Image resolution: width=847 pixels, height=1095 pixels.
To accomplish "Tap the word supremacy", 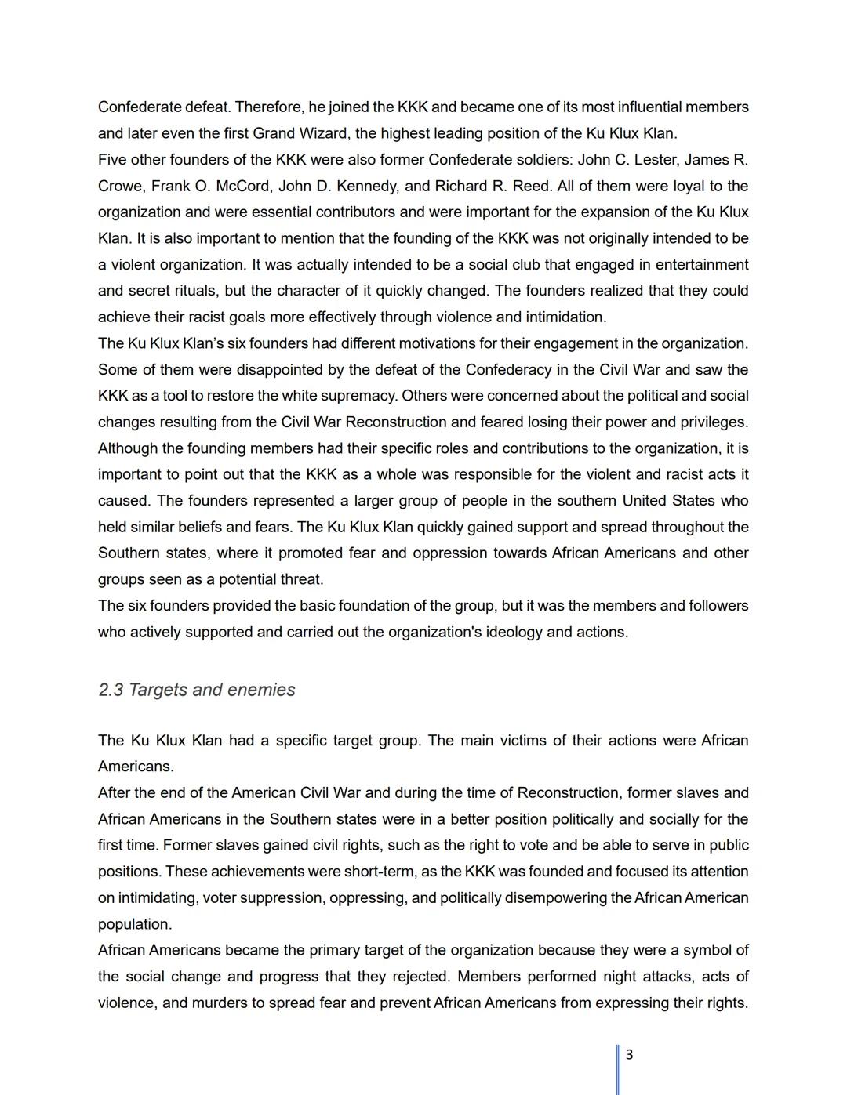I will [358, 396].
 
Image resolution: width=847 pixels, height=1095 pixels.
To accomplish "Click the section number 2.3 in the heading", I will [111, 690].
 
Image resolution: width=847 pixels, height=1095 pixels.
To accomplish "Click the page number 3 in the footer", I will [629, 1054].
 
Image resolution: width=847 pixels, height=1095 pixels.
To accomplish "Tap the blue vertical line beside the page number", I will [618, 1069].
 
